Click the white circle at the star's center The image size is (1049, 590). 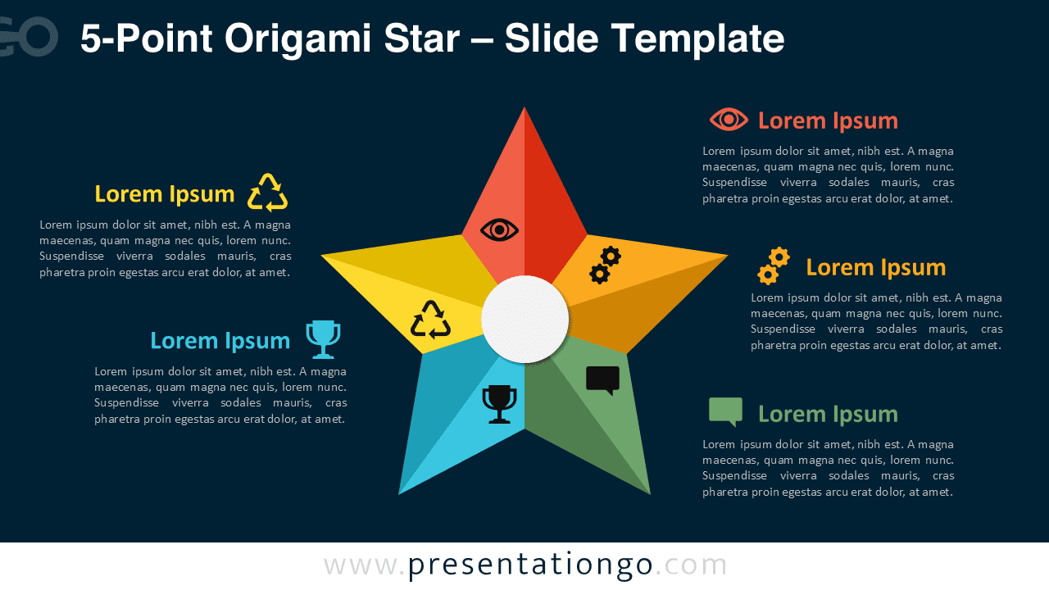point(524,319)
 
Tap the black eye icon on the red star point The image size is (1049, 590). point(500,229)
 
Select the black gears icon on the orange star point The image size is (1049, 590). point(606,265)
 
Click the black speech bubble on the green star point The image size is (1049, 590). point(603,380)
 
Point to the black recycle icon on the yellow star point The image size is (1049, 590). point(430,320)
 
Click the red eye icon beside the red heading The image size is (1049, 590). point(729,120)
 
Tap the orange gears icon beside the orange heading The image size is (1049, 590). point(773,265)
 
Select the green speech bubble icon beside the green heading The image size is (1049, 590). point(726,411)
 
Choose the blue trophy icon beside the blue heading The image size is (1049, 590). point(323,339)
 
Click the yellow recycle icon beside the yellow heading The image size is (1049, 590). point(268,193)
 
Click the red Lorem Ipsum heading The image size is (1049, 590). point(828,120)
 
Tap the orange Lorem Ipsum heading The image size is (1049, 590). point(875,267)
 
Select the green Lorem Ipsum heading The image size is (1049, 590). point(828,414)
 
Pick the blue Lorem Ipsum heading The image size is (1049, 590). point(220,340)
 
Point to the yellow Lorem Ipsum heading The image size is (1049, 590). point(165,194)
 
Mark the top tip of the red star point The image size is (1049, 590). point(524,108)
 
